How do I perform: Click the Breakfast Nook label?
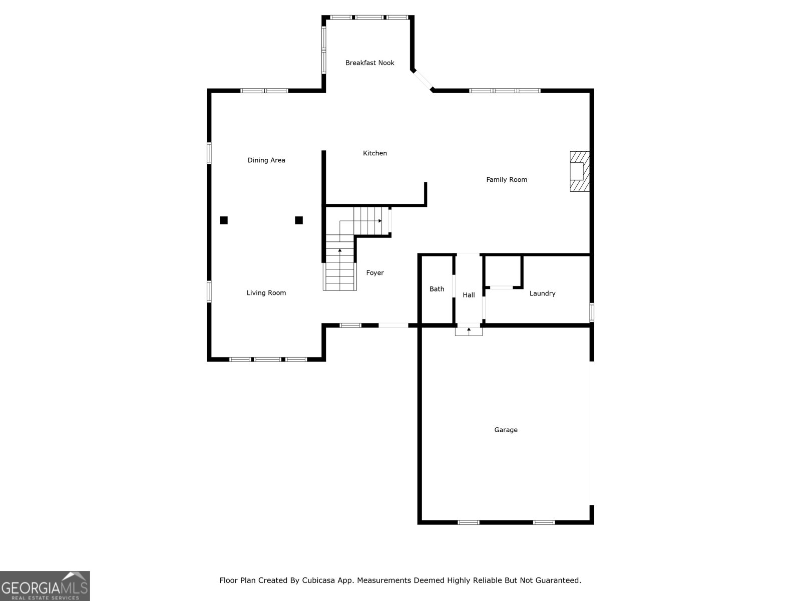point(369,63)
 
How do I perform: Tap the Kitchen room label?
point(375,153)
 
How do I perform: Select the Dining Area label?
point(266,160)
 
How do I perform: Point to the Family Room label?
point(507,179)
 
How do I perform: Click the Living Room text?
point(266,292)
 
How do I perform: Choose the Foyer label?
point(375,273)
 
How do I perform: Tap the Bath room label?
point(437,289)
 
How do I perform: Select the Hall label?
point(469,295)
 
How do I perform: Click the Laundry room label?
point(542,293)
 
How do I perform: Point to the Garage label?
point(506,430)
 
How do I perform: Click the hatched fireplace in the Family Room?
point(580,171)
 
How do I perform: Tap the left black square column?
point(224,220)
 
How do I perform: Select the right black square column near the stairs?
point(299,220)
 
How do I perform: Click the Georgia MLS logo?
point(45,585)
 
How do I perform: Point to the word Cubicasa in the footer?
point(318,580)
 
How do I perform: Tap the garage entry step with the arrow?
point(469,332)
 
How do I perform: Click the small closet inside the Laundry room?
point(503,271)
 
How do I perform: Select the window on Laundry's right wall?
point(592,313)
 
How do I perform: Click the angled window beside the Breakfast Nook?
point(423,80)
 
